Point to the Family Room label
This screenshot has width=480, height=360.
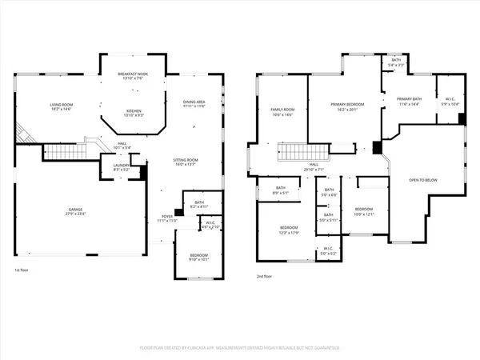tap(281, 111)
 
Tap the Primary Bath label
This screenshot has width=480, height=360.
tap(409, 102)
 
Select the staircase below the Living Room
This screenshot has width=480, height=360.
tap(72, 151)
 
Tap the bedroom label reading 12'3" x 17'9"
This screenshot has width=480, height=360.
tap(290, 230)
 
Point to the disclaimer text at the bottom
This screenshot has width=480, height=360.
tap(240, 349)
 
